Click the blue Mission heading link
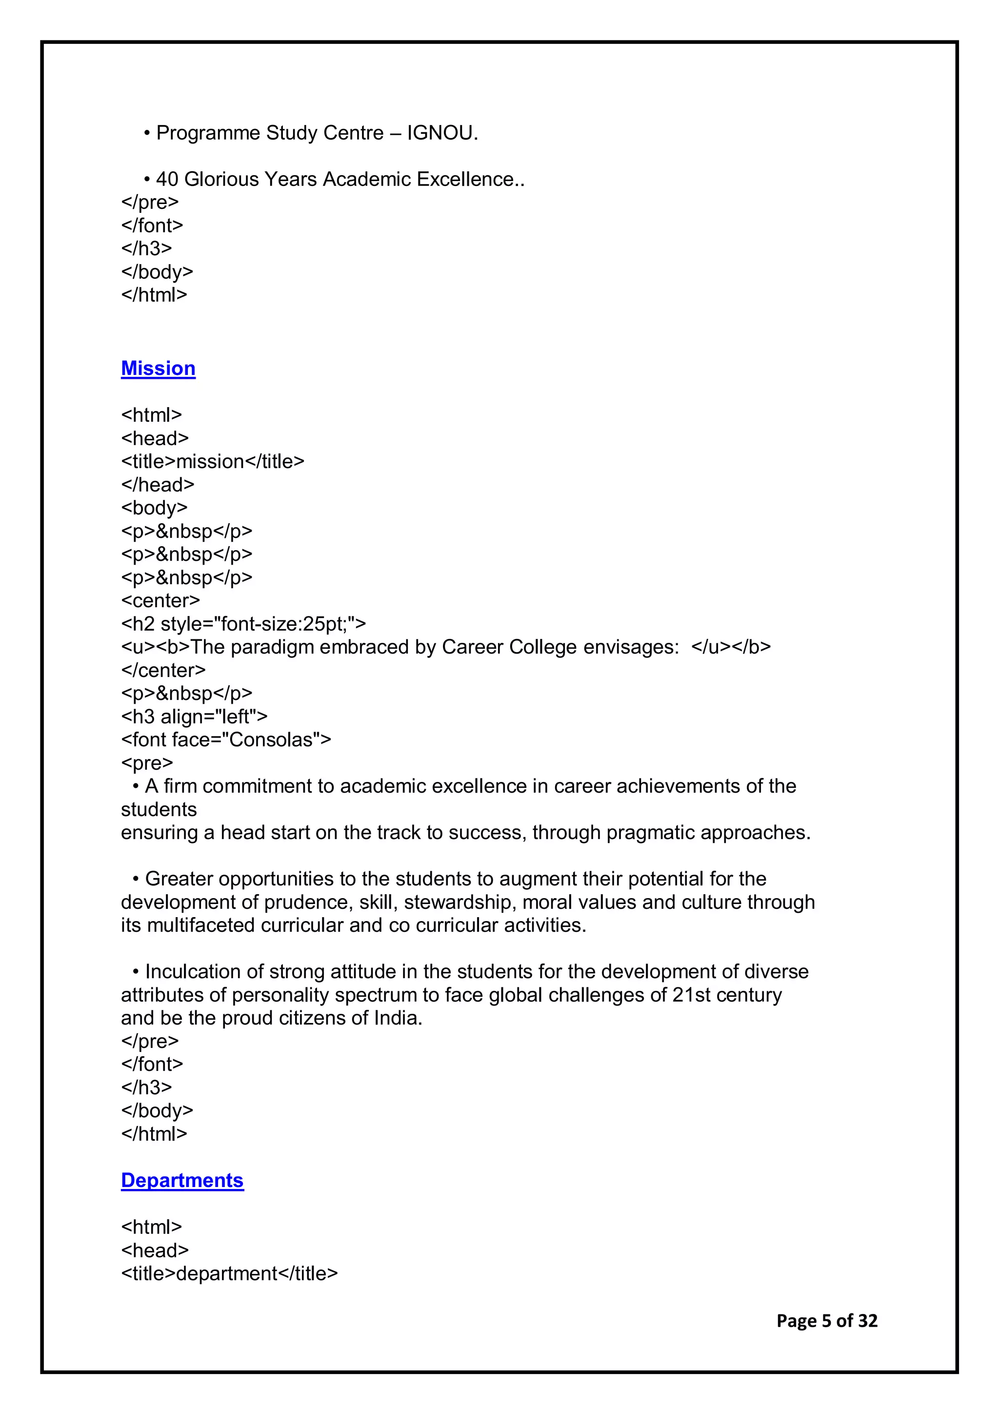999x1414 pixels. click(x=158, y=369)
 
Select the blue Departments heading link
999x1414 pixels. click(x=182, y=1180)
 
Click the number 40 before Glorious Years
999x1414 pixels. click(x=167, y=179)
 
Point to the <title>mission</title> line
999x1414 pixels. click(x=212, y=461)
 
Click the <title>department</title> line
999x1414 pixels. click(x=229, y=1273)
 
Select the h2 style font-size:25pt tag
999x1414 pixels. click(x=243, y=624)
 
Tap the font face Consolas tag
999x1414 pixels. click(x=226, y=739)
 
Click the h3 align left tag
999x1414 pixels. click(x=194, y=716)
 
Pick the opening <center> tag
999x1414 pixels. click(x=160, y=600)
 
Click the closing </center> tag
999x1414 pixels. click(x=163, y=670)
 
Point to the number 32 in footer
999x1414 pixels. click(x=867, y=1321)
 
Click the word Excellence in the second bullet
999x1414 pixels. click(x=465, y=179)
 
